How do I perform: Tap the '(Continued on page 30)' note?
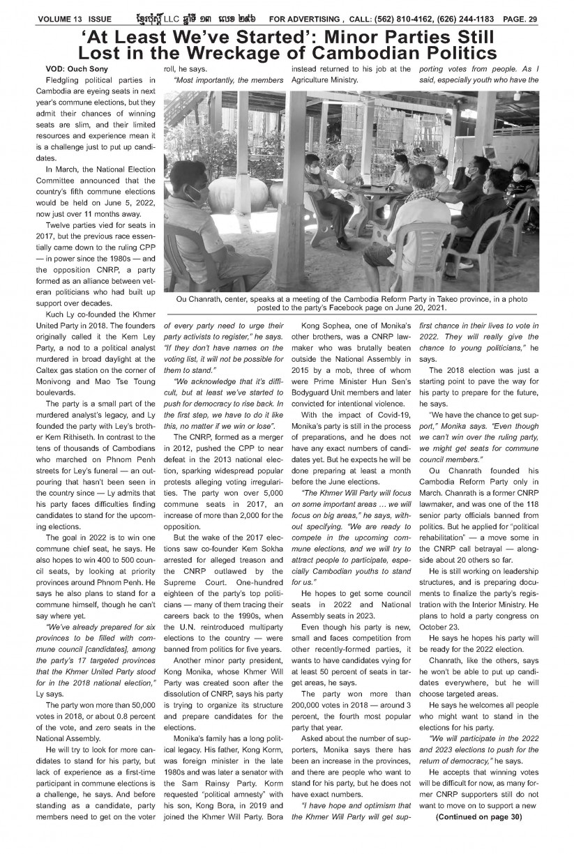pyautogui.click(x=478, y=835)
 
